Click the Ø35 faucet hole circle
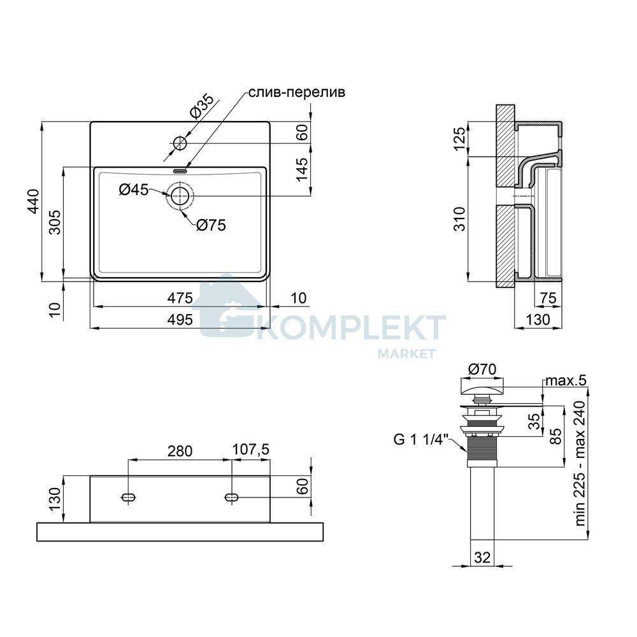click(x=180, y=143)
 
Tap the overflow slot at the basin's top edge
click(x=180, y=171)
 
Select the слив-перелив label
click(x=297, y=92)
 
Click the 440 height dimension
click(x=33, y=201)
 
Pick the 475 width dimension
click(x=180, y=297)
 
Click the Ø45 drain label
click(x=134, y=189)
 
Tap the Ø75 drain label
click(x=211, y=225)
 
